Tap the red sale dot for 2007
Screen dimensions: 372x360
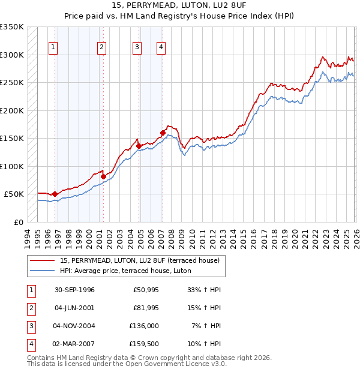click(x=163, y=133)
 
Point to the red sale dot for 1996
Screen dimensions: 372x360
click(x=55, y=194)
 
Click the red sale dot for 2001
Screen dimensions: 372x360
click(x=103, y=176)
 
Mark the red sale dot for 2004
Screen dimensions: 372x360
click(x=139, y=146)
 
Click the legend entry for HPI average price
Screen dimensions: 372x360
click(x=125, y=271)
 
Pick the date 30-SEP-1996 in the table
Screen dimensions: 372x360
click(x=74, y=290)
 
